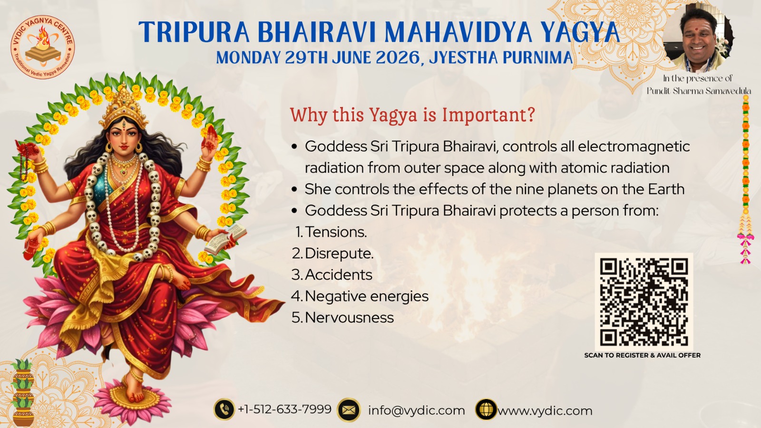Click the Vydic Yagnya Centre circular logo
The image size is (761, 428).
[43, 47]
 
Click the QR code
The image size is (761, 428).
[644, 302]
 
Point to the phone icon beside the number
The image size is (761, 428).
[224, 409]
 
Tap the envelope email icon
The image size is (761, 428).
[349, 410]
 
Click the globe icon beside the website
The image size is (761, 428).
[486, 409]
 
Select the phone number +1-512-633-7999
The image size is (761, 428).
[285, 409]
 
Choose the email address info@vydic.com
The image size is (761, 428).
[417, 411]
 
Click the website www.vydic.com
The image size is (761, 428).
[545, 411]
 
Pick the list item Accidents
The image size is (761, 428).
[338, 275]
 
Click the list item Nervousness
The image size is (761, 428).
[349, 318]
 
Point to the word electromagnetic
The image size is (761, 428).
[634, 147]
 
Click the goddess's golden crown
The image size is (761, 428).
[124, 105]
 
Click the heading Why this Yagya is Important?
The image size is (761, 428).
[412, 115]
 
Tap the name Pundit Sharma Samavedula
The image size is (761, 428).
[699, 91]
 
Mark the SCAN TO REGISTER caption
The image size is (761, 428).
[643, 355]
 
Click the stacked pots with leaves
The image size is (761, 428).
[22, 392]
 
